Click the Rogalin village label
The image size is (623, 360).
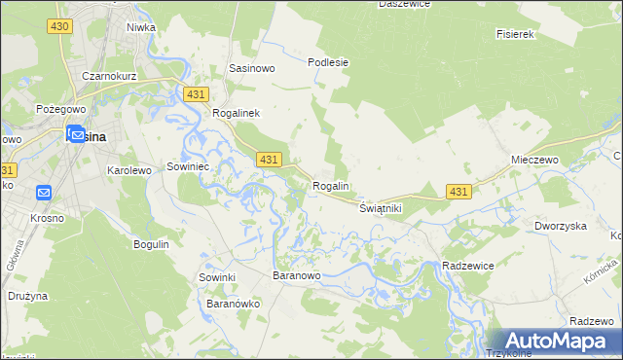point(331,186)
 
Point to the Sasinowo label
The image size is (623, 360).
point(251,68)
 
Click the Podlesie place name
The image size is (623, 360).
point(328,61)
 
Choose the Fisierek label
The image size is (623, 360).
point(517,34)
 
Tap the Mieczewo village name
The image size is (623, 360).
point(532,159)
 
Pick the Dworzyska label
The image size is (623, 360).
point(560,226)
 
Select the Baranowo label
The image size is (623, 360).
point(297,276)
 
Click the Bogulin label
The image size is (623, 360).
point(151,243)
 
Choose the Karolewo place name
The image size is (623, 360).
point(129,169)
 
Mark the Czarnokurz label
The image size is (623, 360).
point(108,75)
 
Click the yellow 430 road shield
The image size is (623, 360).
point(58,25)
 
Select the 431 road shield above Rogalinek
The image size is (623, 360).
point(196,93)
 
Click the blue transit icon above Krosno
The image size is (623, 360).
point(44,194)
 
